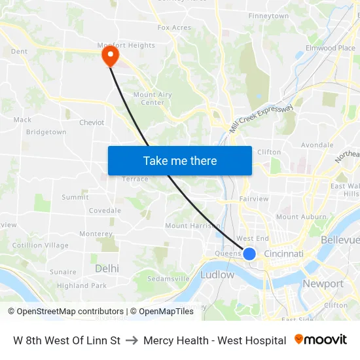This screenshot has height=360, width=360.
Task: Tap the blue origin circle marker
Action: [x=249, y=253]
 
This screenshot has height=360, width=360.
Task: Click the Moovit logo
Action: [x=321, y=340]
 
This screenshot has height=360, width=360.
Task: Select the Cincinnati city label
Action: [x=283, y=254]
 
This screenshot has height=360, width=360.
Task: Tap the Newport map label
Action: [x=323, y=283]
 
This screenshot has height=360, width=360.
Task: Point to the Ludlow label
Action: [x=217, y=275]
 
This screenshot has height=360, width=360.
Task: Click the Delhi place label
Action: [x=107, y=268]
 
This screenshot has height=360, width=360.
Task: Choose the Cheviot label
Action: [x=92, y=122]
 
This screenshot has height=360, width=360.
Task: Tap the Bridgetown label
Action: [x=46, y=132]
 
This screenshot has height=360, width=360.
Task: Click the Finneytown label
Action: [x=268, y=16]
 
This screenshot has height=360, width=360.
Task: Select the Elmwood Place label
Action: [x=331, y=48]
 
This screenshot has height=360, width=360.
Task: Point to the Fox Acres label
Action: [x=174, y=27]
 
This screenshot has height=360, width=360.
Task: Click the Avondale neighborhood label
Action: [x=317, y=145]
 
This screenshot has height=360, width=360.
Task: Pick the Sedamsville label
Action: [x=168, y=278]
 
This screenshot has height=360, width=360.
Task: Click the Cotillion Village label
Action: [x=40, y=245]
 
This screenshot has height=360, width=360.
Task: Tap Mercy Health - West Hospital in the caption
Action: [x=215, y=340]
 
